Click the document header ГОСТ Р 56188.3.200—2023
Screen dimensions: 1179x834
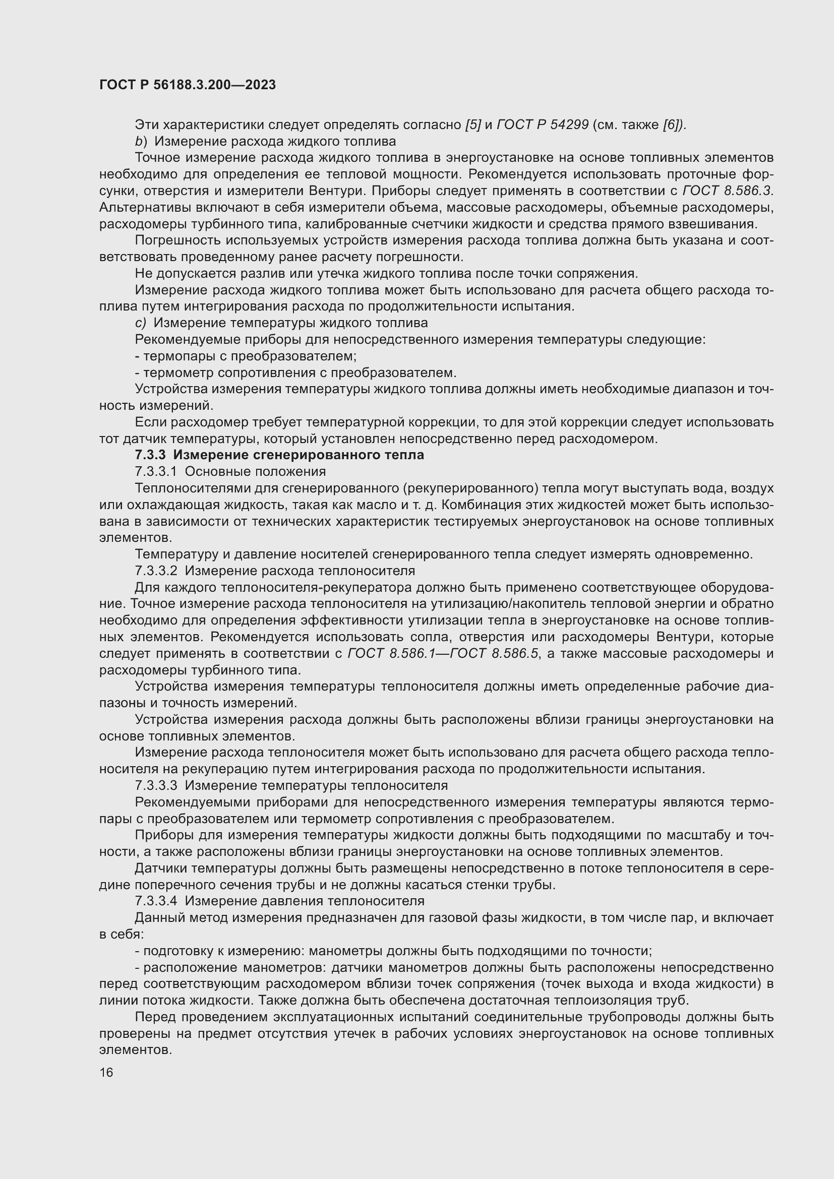188,85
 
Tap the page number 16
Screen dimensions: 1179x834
106,1072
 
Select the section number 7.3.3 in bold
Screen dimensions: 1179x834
150,455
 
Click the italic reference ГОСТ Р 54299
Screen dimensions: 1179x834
543,125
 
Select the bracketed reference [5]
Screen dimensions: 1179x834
472,125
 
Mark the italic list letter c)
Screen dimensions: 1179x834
140,323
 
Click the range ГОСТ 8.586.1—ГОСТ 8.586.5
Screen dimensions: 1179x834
443,654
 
